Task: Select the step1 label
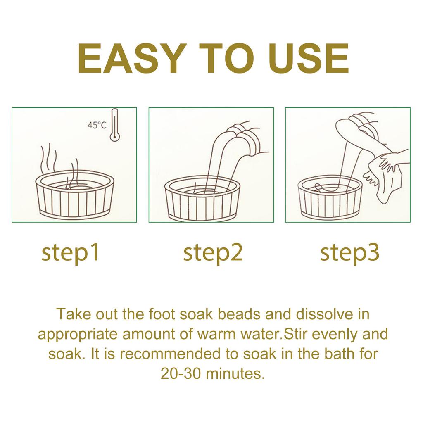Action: (71, 253)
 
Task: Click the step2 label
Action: (212, 253)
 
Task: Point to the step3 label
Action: (349, 253)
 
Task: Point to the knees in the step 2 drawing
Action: (244, 132)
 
